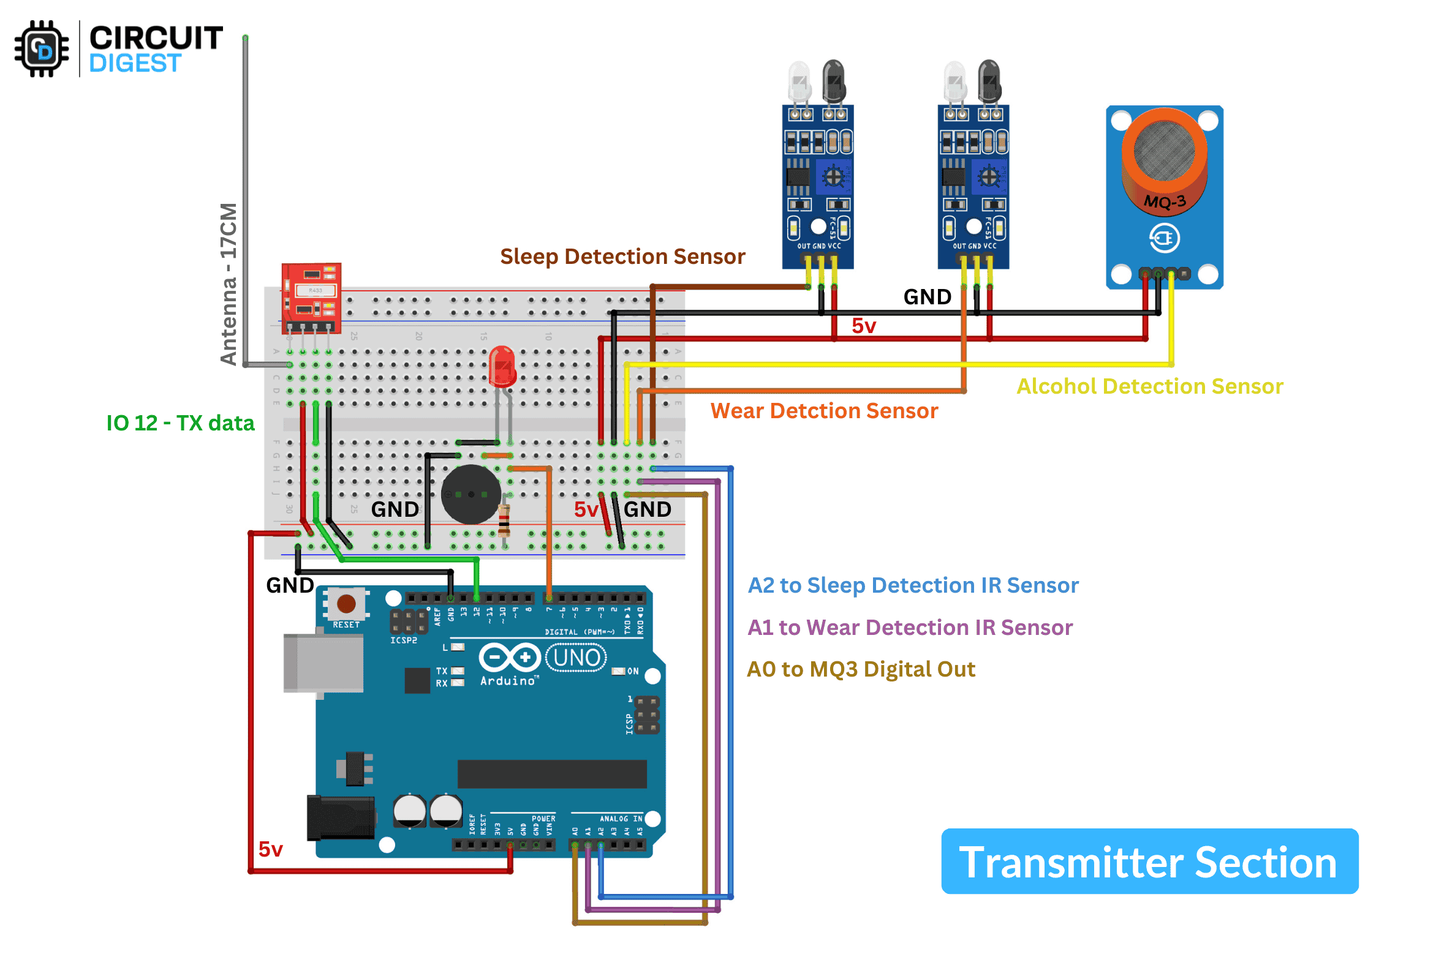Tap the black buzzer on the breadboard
pos(471,494)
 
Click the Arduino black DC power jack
pos(341,818)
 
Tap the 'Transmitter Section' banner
pos(1149,861)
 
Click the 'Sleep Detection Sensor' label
pos(622,257)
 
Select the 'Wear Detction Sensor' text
pos(824,411)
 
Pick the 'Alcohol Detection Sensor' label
pos(1150,386)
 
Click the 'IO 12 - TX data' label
pos(180,423)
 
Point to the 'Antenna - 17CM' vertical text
pos(229,284)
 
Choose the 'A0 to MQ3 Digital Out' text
pos(861,669)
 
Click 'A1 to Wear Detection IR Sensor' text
pos(910,628)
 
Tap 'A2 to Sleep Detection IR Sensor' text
pos(913,585)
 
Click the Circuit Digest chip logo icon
pos(42,49)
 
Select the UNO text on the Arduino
pos(576,658)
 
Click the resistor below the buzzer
pos(504,520)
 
